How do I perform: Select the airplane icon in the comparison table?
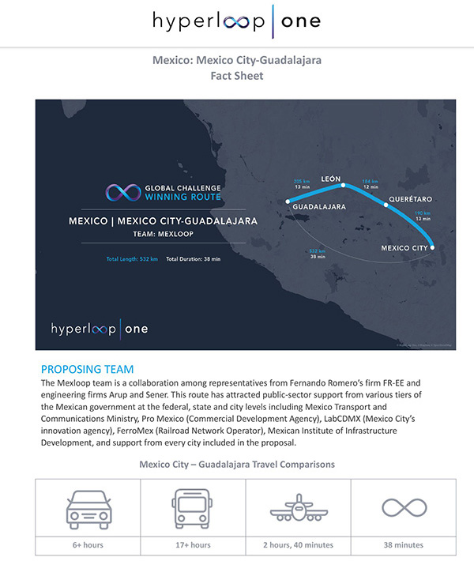298,508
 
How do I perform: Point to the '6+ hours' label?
87,544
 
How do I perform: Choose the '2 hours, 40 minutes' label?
298,544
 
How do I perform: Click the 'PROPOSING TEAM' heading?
87,369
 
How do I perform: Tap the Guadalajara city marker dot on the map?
288,201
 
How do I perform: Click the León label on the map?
331,179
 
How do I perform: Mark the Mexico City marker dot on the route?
432,247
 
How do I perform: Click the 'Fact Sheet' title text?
236,77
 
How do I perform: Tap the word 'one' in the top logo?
299,21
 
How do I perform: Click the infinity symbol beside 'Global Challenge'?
122,192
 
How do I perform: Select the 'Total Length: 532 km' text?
132,259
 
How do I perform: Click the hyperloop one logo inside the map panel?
99,328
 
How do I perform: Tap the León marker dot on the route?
344,186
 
